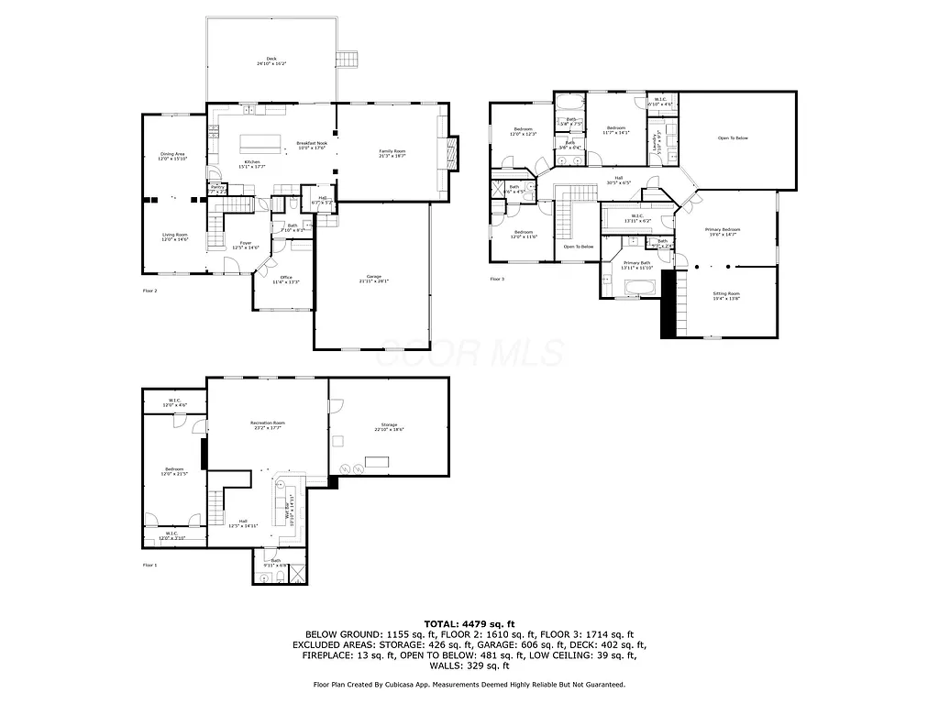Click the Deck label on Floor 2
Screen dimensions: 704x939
[271, 59]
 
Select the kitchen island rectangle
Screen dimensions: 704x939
[260, 143]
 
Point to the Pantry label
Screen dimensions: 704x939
[216, 187]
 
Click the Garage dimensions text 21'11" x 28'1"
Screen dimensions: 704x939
[373, 281]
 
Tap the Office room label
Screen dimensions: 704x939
[285, 277]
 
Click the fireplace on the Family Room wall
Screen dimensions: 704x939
[451, 150]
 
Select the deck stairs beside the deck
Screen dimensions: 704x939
[348, 60]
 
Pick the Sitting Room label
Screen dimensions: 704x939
[726, 293]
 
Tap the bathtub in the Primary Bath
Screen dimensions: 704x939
[638, 289]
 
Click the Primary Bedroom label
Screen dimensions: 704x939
[723, 229]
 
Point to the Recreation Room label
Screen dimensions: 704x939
[268, 423]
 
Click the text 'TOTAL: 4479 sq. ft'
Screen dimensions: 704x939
[469, 622]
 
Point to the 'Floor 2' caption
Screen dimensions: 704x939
[149, 291]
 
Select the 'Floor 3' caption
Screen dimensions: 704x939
[496, 279]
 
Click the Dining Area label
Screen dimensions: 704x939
[172, 154]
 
